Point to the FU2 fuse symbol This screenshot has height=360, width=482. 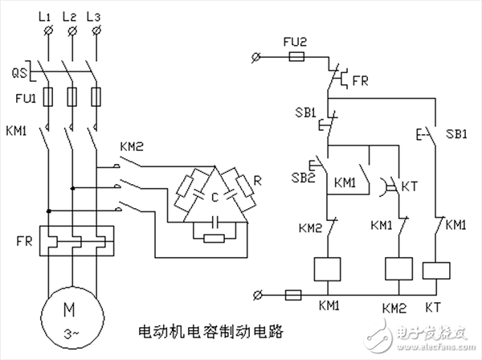pos(296,57)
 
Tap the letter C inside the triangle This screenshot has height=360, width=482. pos(213,197)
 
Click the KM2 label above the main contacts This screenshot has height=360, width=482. pos(131,147)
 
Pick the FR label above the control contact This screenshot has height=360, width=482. pos(360,81)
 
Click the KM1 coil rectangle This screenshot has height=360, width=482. pos(328,269)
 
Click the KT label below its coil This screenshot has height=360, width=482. pos(435,306)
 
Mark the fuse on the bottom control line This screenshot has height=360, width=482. pos(294,295)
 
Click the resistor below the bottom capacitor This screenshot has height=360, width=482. pos(214,237)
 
